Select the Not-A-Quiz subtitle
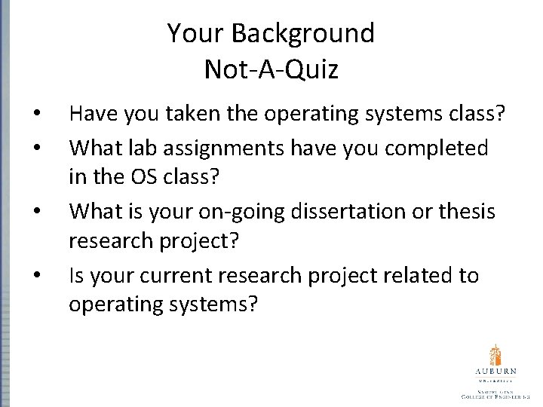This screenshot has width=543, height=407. coord(271,69)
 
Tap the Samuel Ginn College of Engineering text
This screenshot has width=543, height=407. coord(495,393)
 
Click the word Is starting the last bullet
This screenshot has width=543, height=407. coord(76,276)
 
